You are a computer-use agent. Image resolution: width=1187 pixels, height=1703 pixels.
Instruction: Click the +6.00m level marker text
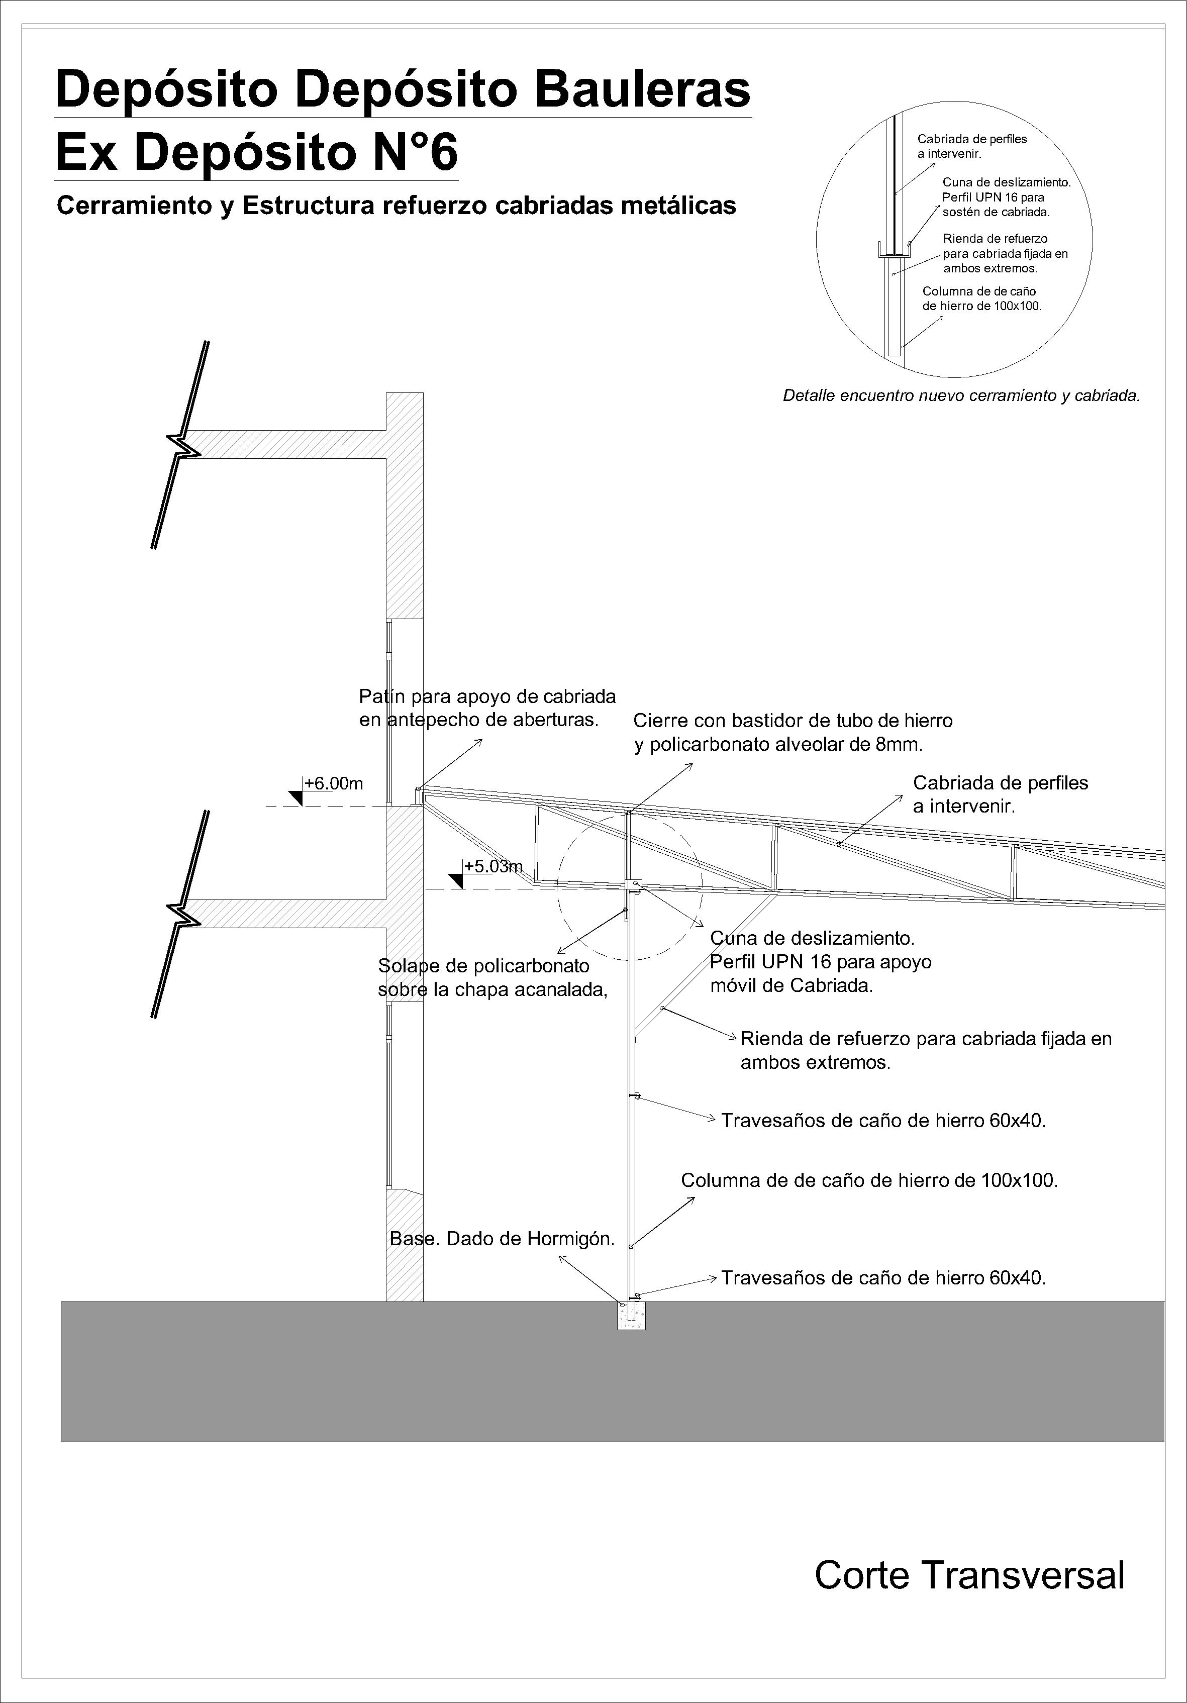[x=334, y=783]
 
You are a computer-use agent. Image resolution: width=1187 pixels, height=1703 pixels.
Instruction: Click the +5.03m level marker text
[x=493, y=866]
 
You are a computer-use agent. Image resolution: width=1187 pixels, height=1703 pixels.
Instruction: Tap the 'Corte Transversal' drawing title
[x=969, y=1575]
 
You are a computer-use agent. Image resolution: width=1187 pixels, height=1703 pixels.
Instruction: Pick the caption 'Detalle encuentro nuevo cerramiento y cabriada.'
[x=961, y=395]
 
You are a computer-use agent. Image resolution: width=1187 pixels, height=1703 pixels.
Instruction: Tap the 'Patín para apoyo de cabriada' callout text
[x=487, y=696]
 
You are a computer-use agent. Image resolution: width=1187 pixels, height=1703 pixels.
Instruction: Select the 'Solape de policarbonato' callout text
[x=484, y=966]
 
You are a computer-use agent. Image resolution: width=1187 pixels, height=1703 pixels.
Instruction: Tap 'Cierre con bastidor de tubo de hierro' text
[x=793, y=720]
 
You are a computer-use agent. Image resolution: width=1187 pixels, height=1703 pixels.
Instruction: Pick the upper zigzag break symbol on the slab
[x=187, y=444]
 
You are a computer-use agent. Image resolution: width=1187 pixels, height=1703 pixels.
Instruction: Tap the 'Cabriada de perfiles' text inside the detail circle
[x=972, y=139]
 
